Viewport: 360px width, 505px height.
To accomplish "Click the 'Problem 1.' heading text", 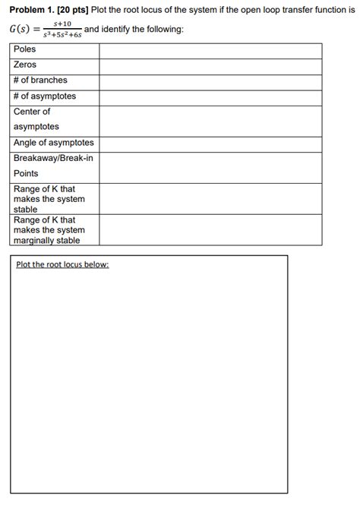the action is [x=31, y=10].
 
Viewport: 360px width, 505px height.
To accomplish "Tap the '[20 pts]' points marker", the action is [x=74, y=10].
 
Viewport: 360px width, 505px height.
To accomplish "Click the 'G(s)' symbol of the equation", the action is [x=20, y=30].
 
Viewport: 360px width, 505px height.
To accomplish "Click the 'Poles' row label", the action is [x=24, y=49].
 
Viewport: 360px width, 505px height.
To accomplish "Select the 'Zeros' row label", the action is [x=25, y=65].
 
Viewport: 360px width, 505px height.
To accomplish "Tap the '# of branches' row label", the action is [x=40, y=80].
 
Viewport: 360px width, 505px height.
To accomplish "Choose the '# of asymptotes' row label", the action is [x=44, y=96].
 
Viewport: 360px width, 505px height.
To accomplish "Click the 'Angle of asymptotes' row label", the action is [x=53, y=143].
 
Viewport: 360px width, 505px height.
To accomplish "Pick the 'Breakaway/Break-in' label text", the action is [x=53, y=158].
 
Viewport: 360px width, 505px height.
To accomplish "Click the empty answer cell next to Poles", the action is [x=210, y=50].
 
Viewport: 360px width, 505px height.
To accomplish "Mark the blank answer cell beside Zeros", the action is [x=210, y=66].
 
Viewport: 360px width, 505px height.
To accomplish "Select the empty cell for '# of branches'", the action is [x=210, y=81].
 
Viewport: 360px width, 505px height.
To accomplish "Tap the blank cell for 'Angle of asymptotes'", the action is [x=210, y=144].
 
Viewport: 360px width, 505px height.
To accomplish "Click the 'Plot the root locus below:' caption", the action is [x=62, y=264].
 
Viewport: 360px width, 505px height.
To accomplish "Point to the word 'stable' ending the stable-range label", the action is [x=25, y=209].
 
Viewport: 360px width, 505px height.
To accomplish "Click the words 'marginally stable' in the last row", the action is [x=46, y=241].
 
